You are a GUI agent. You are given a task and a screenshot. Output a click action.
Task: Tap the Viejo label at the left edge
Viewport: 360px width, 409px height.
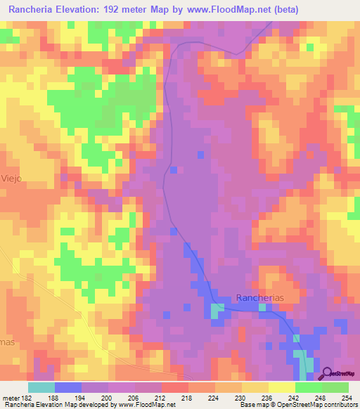[x=12, y=178]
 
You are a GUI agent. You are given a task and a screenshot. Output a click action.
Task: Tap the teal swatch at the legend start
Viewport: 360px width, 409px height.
[x=41, y=387]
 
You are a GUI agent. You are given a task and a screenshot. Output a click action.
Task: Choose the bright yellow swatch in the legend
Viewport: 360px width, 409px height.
[x=282, y=387]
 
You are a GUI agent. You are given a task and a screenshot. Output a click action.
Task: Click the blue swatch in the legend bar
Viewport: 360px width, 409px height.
[x=67, y=387]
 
